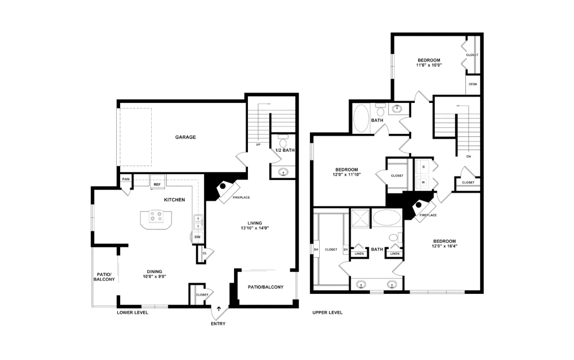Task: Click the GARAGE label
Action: pyautogui.click(x=186, y=137)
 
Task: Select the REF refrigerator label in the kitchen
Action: pyautogui.click(x=156, y=185)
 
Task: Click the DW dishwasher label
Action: pyautogui.click(x=197, y=236)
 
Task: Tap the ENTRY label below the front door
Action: pyautogui.click(x=218, y=324)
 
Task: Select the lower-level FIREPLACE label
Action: pyautogui.click(x=241, y=197)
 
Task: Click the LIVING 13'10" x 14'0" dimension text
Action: pyautogui.click(x=251, y=228)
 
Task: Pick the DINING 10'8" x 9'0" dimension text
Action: pyautogui.click(x=154, y=277)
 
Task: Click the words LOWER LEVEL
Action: pyautogui.click(x=132, y=313)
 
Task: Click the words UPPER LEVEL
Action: pyautogui.click(x=327, y=313)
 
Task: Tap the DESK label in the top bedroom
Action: pyautogui.click(x=473, y=84)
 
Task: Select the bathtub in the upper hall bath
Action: pyautogui.click(x=362, y=118)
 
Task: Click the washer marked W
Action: pyautogui.click(x=424, y=182)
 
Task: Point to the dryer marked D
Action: pyautogui.click(x=424, y=166)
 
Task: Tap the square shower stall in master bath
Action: pyautogui.click(x=360, y=220)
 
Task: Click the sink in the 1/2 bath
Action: pyautogui.click(x=283, y=171)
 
